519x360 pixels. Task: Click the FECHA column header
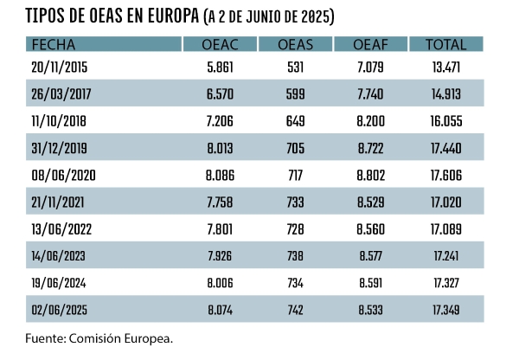point(54,44)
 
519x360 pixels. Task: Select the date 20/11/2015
point(60,66)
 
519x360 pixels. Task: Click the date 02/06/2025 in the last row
point(61,309)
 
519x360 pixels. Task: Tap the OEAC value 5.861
point(220,66)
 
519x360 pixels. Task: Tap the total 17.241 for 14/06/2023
point(445,255)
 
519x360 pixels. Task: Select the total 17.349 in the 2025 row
point(445,309)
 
